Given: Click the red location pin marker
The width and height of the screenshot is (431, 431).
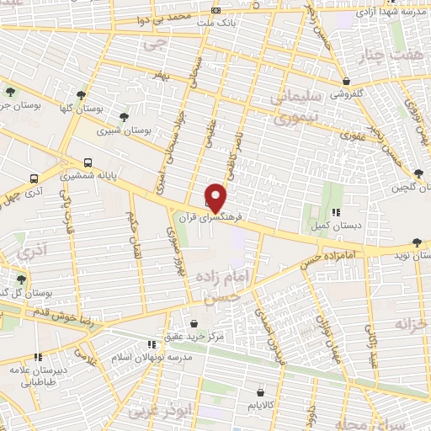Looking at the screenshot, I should coord(216,196).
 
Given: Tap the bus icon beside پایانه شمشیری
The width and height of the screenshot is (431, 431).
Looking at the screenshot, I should coord(88,163).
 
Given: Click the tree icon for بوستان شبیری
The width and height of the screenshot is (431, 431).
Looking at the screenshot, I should coord(124,117).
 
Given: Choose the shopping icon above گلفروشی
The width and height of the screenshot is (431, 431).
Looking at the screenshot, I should coord(347,82).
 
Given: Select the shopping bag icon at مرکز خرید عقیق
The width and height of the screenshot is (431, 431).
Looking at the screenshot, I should coord(195,324).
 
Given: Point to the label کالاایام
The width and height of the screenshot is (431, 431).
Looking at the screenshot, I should coord(261,406).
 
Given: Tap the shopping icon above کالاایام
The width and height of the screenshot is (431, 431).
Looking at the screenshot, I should coord(261,391).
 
